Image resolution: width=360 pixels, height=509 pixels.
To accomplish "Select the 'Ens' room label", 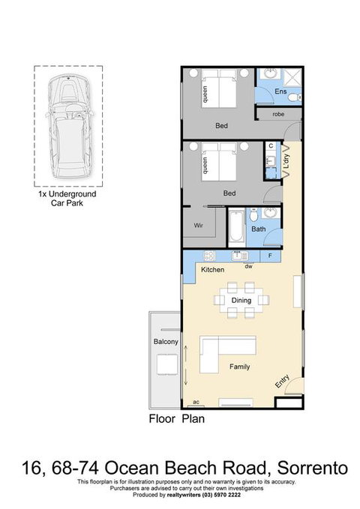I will point(280,91).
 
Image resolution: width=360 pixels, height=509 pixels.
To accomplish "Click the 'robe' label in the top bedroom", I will point(278,114).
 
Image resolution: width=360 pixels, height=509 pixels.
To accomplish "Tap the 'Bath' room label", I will point(259,229).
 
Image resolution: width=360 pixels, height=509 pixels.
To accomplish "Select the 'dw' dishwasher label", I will point(247,265).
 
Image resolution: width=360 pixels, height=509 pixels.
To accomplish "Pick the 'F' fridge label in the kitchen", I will point(291,256).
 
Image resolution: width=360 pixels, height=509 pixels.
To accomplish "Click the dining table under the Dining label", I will point(241,300).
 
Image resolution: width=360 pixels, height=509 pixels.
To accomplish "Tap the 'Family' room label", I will point(240,367).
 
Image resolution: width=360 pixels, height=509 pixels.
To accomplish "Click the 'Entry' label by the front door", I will point(282,382).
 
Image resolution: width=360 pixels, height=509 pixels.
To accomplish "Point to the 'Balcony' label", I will point(165,343).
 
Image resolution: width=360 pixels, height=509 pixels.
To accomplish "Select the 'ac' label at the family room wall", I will point(197,401).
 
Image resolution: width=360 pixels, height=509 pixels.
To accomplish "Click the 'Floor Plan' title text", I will point(176,419).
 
